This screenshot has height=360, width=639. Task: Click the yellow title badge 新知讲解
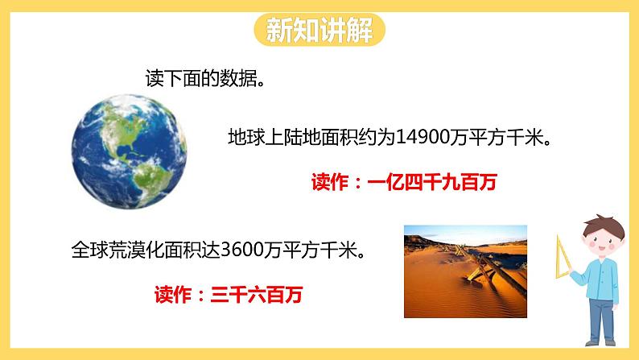pos(319,30)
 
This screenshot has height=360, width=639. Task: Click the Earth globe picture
pos(130,151)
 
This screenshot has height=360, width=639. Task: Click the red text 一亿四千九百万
pos(432,182)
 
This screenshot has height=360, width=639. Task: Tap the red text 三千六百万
pos(257,294)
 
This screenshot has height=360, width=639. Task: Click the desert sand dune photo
pos(465,271)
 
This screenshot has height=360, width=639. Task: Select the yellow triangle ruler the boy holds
pos(562,259)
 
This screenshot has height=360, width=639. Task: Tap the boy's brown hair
pos(604,226)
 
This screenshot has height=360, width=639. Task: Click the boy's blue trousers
pos(601,320)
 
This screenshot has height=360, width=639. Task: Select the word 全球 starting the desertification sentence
pos(90,249)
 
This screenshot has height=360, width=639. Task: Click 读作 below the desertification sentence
pos(173,294)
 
